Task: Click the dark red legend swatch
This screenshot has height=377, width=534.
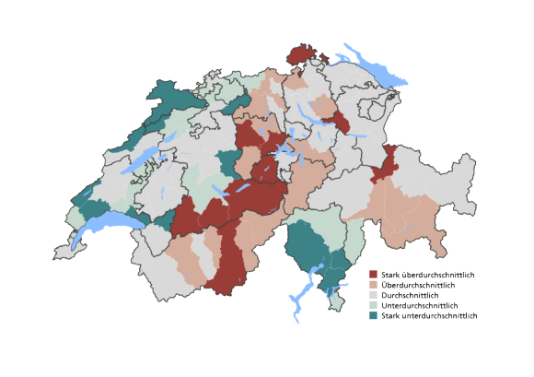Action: click(374, 275)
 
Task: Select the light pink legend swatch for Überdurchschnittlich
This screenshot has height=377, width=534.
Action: click(374, 285)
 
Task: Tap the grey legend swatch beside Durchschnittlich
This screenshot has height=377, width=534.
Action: click(374, 295)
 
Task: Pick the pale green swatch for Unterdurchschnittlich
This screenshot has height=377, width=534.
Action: click(374, 305)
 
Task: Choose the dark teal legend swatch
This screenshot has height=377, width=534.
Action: click(374, 315)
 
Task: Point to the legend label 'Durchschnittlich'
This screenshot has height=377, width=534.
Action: click(412, 295)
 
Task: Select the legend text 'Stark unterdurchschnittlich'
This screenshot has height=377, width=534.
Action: click(429, 315)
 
